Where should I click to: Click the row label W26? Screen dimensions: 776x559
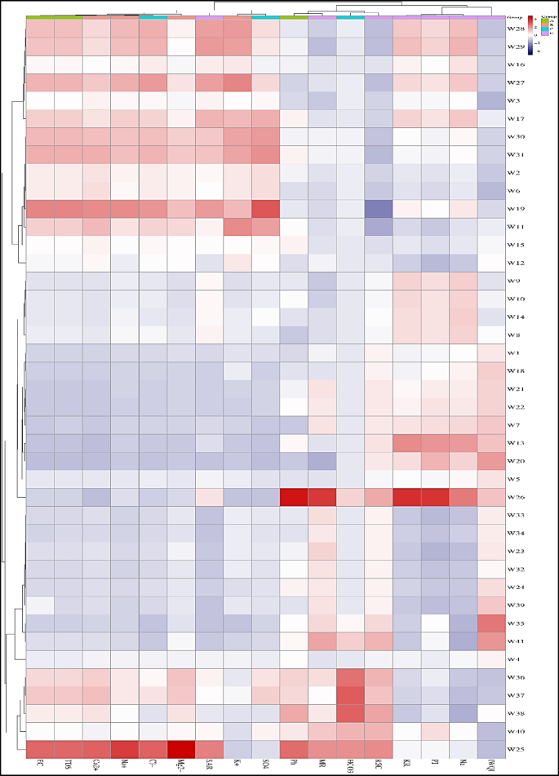tap(516, 496)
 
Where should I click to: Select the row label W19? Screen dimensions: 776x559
tap(516, 209)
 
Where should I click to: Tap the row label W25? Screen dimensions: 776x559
tap(516, 748)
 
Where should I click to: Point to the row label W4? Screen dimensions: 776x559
tap(514, 658)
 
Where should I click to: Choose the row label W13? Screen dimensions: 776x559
tap(516, 442)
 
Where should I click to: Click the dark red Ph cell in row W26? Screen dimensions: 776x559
tap(294, 496)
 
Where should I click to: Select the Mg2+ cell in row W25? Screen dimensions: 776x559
tap(181, 748)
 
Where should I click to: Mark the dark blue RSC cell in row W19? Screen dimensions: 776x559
tap(379, 209)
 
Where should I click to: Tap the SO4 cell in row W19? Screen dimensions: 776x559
tap(265, 209)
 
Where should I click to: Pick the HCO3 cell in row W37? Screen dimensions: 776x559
tap(350, 694)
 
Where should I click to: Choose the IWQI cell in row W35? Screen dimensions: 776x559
tap(491, 623)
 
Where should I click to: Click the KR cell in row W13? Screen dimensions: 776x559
tap(406, 442)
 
